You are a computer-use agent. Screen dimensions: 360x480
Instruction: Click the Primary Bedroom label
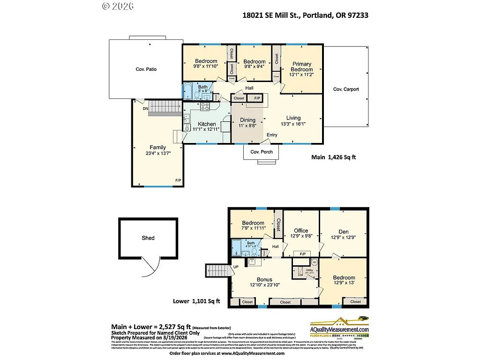click(x=301, y=67)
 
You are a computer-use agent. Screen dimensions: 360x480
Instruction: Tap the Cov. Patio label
click(x=146, y=69)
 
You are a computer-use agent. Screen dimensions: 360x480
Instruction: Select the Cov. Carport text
click(x=346, y=89)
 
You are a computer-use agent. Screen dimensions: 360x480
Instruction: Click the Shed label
click(x=148, y=238)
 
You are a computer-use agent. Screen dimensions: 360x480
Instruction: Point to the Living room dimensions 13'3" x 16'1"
click(x=293, y=124)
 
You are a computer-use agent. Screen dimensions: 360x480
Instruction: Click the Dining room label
click(x=247, y=120)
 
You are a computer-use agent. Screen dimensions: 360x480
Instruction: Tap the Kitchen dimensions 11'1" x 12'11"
click(x=207, y=129)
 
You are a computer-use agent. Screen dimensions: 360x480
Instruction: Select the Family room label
click(x=157, y=147)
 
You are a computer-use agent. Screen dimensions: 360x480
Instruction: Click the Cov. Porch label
click(x=261, y=152)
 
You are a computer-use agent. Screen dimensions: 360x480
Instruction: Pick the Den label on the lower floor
click(x=343, y=231)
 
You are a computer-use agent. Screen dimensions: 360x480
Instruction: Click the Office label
click(x=301, y=231)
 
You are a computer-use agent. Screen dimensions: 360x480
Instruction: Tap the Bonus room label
click(x=264, y=279)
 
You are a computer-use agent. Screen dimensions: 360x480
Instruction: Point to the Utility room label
click(x=309, y=270)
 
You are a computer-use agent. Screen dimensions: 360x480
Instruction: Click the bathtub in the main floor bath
click(x=187, y=89)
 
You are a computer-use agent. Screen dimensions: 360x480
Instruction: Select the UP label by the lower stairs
click(x=236, y=268)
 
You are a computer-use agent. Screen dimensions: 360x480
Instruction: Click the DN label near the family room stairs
click(x=146, y=109)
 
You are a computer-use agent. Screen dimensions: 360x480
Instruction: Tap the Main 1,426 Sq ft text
click(x=333, y=157)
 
